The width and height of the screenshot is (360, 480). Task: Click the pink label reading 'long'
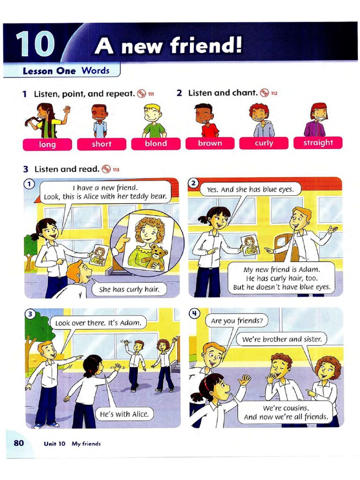pyautogui.click(x=47, y=144)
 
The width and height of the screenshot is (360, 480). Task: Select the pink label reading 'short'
pyautogui.click(x=101, y=144)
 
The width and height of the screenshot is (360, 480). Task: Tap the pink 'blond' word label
pyautogui.click(x=156, y=143)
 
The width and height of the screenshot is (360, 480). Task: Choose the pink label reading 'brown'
pyautogui.click(x=210, y=143)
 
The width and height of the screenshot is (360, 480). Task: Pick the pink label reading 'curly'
pyautogui.click(x=264, y=143)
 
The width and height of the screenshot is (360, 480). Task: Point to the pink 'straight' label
pyautogui.click(x=318, y=142)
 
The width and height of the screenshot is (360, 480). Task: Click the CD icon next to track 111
pyautogui.click(x=141, y=93)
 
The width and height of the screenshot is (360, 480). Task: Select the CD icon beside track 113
pyautogui.click(x=106, y=169)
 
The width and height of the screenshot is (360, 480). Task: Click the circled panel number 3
pyautogui.click(x=30, y=315)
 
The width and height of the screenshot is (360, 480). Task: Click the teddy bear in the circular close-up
pyautogui.click(x=156, y=257)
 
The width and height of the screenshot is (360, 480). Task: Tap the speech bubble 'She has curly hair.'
pyautogui.click(x=129, y=289)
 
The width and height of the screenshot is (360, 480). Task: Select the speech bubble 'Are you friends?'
pyautogui.click(x=237, y=321)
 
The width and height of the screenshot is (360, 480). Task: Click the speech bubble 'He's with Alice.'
pyautogui.click(x=124, y=414)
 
